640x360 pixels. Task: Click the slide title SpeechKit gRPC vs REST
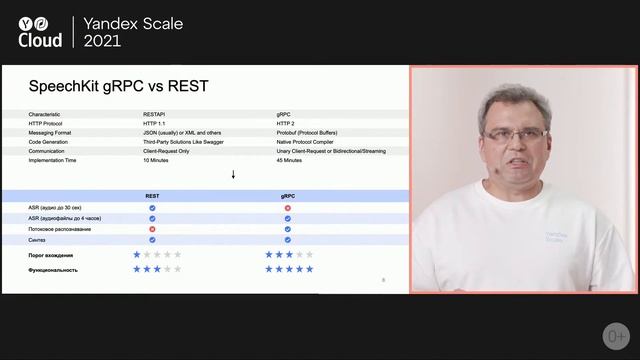[119, 86]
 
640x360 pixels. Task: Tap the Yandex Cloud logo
[40, 30]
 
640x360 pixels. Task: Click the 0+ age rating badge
[615, 334]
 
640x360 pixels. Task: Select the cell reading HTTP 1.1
[158, 124]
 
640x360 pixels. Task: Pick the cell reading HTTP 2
[292, 124]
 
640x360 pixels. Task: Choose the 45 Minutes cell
[295, 160]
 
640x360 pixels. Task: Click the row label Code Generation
[52, 142]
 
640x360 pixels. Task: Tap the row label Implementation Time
[57, 160]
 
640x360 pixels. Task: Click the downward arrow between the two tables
[233, 175]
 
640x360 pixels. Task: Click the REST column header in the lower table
[152, 196]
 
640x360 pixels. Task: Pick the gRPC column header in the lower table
[287, 196]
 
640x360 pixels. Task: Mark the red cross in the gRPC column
[287, 208]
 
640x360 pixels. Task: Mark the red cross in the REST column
[152, 229]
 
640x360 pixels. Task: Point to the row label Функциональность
[54, 269]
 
